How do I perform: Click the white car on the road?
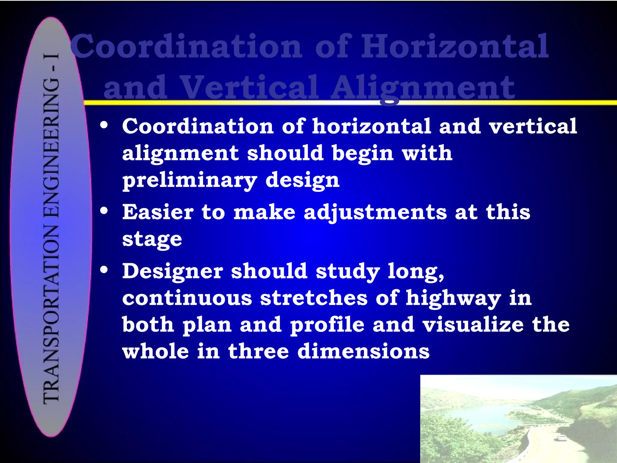(x=561, y=437)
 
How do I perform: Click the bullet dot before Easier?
(x=104, y=211)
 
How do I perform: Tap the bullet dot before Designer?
(x=104, y=270)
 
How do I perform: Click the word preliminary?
(x=189, y=180)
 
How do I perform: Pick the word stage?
(x=152, y=239)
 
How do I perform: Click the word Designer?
(x=172, y=271)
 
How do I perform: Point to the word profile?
(x=327, y=325)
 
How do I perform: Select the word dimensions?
(x=363, y=351)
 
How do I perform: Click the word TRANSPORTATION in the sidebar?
(x=51, y=313)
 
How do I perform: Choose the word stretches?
(x=314, y=298)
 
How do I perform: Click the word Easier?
(x=158, y=212)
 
